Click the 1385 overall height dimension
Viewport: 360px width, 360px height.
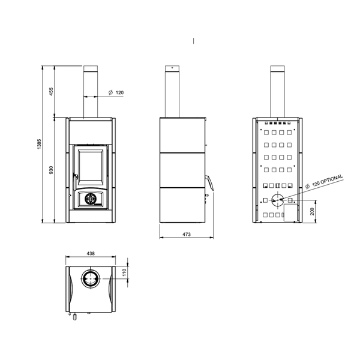coord(39,144)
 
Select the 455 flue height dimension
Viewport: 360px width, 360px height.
coord(51,91)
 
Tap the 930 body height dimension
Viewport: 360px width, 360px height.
coord(51,170)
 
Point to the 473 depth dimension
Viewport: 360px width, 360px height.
coord(187,234)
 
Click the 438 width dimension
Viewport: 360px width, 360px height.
coord(91,253)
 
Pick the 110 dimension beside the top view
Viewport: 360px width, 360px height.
coord(124,272)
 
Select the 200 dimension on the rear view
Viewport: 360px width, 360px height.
coord(312,211)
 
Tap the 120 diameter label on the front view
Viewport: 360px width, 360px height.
coord(119,92)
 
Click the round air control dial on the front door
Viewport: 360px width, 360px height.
coord(91,199)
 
